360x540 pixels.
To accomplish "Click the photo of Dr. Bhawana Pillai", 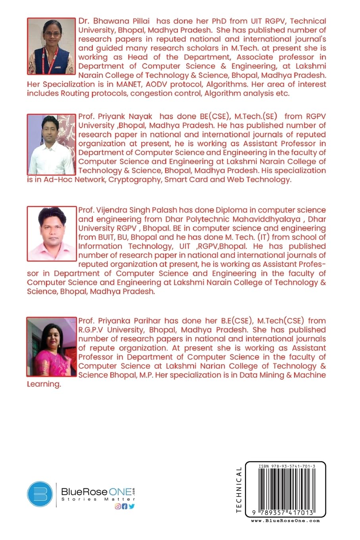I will (x=51, y=46).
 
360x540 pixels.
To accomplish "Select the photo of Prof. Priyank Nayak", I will (x=51, y=145).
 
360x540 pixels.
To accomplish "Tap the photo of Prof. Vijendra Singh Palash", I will (x=51, y=233).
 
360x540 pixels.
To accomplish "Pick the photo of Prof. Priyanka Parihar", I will (x=51, y=347).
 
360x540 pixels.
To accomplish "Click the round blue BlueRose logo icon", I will (x=40, y=494).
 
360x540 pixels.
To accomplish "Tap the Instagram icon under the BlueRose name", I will (x=117, y=506).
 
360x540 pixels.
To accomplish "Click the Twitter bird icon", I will (x=131, y=506).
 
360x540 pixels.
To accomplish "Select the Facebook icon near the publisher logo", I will (x=124, y=506).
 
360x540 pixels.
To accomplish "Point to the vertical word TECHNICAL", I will (x=239, y=490).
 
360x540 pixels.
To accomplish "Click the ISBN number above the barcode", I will (x=287, y=467).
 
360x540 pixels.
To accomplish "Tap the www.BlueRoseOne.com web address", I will (x=285, y=521).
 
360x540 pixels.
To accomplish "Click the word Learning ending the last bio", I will (x=44, y=384).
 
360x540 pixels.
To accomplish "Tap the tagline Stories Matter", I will (x=98, y=499).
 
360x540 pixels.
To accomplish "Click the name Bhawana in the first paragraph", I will (x=113, y=21).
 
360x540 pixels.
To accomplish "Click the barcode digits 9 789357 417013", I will (x=283, y=513).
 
